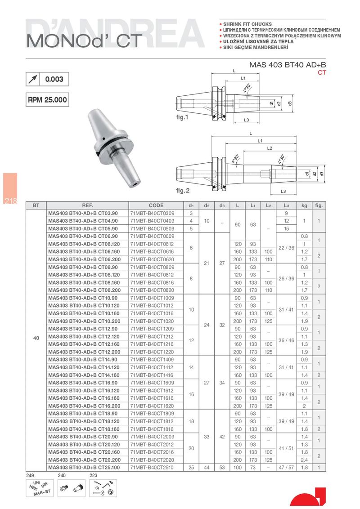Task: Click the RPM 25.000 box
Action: (47, 100)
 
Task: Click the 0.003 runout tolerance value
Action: (54, 79)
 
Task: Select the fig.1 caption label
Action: (182, 117)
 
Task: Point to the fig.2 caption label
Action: (183, 191)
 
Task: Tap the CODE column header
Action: (156, 205)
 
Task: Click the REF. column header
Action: (87, 205)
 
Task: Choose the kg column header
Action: (304, 205)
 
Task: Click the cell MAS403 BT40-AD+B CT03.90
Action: (83, 213)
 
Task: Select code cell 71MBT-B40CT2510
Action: (152, 468)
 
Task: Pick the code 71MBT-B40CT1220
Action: (152, 352)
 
